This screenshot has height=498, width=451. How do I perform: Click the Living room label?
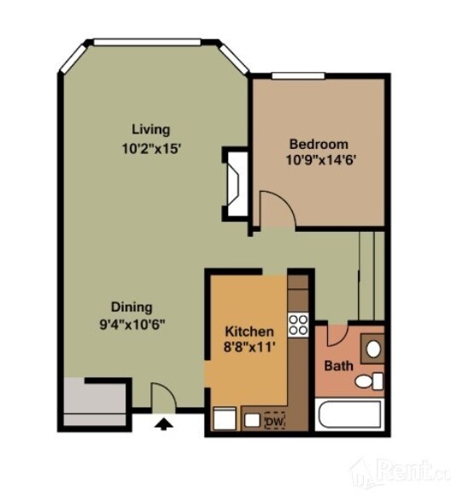pos(151,130)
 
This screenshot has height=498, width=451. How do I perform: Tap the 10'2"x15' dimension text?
pos(151,149)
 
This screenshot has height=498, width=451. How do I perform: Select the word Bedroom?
pos(319,145)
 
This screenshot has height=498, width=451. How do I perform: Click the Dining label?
pos(132,307)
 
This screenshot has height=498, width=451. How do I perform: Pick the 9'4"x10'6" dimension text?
pos(132,324)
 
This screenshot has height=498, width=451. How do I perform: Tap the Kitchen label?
pos(249,332)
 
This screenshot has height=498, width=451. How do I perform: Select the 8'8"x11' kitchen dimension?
pos(249,347)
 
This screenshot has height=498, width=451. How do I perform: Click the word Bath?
pos(338,366)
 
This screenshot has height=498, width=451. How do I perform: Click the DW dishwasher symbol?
pos(275,421)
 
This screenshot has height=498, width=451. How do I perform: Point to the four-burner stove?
pos(298,325)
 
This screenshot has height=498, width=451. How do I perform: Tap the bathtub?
pos(349,414)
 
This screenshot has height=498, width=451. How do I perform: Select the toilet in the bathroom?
pos(369,381)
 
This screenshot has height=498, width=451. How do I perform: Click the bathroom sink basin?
pos(373,349)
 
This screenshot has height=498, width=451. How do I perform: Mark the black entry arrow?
pos(163,424)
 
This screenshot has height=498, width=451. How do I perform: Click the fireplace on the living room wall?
pos(236,184)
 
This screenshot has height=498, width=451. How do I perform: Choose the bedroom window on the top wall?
pos(298,76)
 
